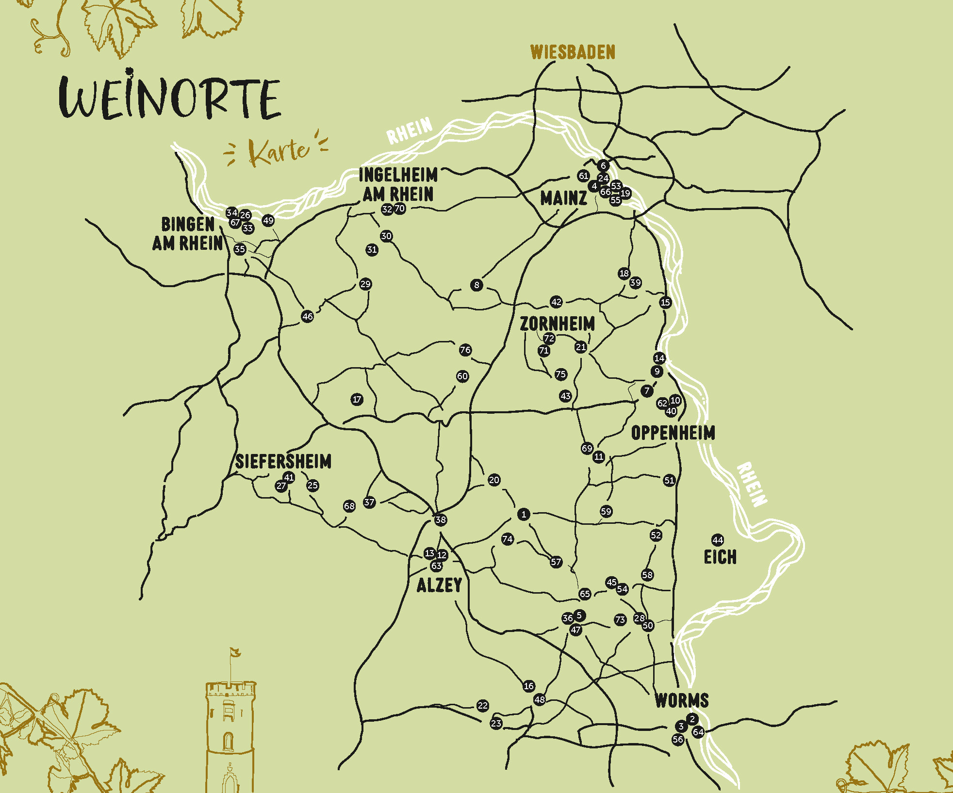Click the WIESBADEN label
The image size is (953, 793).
(573, 52)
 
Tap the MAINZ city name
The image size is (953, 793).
(564, 198)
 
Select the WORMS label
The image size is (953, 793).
(682, 700)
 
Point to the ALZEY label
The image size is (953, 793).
(439, 585)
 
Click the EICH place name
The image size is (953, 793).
(720, 557)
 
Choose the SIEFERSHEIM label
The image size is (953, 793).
(283, 461)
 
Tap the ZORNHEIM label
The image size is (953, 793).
(557, 324)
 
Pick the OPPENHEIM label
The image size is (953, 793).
(673, 433)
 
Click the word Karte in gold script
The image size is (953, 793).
(279, 151)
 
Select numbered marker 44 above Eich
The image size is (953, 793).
(718, 540)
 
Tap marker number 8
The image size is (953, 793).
(476, 285)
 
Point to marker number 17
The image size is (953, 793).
(357, 399)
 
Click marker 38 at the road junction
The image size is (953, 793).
(440, 520)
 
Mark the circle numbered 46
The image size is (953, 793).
(307, 316)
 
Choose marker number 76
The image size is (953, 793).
(465, 350)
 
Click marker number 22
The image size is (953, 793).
(482, 705)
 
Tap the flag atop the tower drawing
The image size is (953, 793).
(235, 652)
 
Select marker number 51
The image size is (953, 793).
(669, 480)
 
